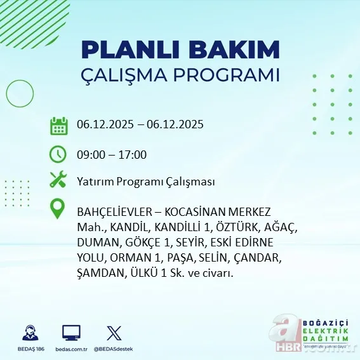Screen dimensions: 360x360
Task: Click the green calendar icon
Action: click(58, 125)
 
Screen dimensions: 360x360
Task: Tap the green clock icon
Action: click(58, 154)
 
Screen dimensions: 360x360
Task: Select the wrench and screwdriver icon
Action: click(58, 181)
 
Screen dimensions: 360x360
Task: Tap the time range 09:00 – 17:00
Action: click(111, 154)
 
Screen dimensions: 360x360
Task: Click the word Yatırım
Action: click(94, 182)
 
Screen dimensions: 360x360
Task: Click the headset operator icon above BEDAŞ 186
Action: click(29, 333)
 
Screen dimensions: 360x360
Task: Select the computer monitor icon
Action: click(71, 333)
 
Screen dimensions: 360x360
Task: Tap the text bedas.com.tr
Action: click(71, 349)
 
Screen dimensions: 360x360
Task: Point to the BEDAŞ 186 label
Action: click(29, 349)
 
